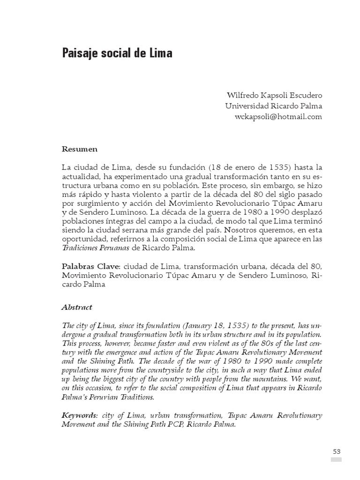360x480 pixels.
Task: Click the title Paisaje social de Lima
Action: point(117,53)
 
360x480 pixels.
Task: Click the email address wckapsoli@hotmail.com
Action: point(278,117)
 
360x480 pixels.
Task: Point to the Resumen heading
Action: point(80,149)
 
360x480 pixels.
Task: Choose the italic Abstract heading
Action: point(77,307)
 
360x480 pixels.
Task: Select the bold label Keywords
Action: point(80,416)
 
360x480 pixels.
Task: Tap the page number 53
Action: point(336,451)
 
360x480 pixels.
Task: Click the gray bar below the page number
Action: point(336,459)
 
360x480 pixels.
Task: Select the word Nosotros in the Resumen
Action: point(243,230)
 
